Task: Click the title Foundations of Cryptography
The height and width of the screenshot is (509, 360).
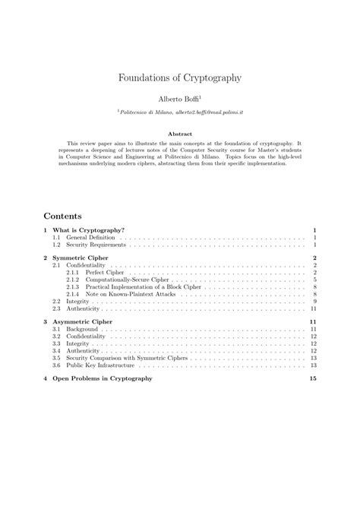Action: (x=180, y=77)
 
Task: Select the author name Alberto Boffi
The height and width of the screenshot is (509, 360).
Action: (x=178, y=99)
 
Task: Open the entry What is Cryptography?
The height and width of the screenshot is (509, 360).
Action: (x=88, y=229)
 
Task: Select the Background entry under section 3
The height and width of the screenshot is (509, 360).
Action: (x=82, y=330)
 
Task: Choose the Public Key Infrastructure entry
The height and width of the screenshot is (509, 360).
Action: (x=100, y=366)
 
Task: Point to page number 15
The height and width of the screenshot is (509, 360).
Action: (x=313, y=378)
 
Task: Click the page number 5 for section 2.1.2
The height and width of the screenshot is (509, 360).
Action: (x=314, y=280)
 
